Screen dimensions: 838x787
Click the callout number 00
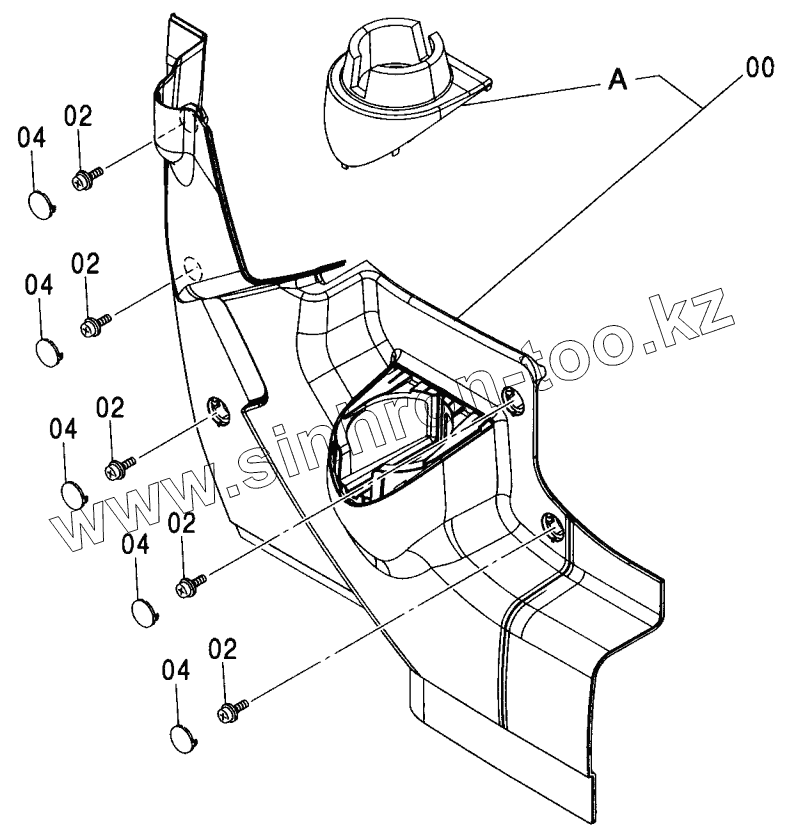[x=758, y=69]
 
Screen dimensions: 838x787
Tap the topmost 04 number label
[x=31, y=140]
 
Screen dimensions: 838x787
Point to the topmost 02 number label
[x=78, y=116]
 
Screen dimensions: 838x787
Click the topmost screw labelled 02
[x=84, y=179]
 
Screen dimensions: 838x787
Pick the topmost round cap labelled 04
[x=39, y=202]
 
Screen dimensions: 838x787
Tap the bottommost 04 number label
[x=175, y=670]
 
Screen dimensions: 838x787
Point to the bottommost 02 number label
[x=223, y=649]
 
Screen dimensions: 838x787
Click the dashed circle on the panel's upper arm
[x=191, y=271]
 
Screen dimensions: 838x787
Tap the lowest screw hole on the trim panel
[x=550, y=521]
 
